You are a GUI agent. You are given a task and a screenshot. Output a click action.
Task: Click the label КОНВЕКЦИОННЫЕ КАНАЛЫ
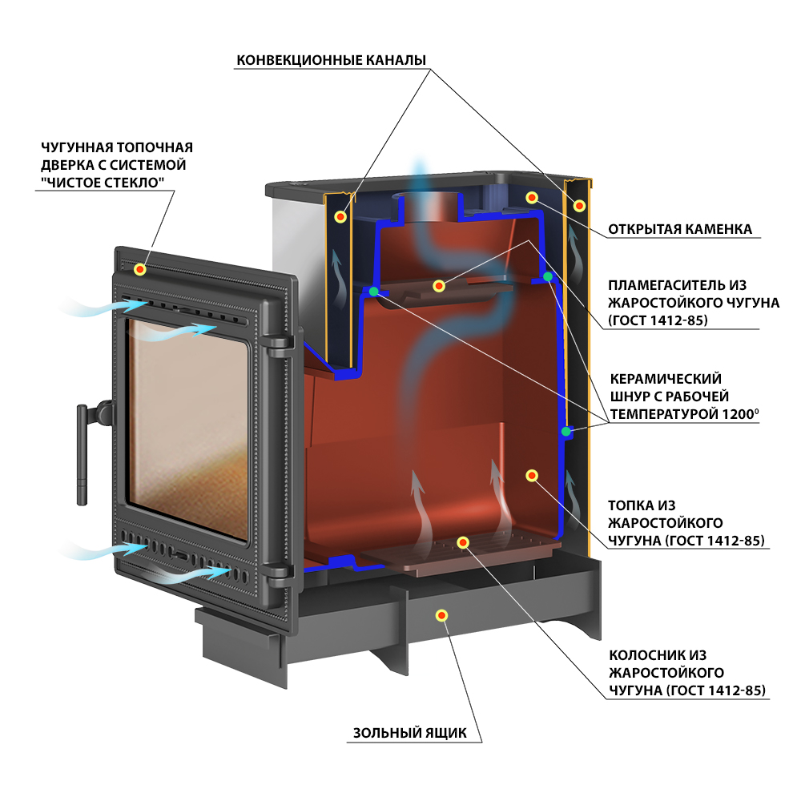(x=331, y=60)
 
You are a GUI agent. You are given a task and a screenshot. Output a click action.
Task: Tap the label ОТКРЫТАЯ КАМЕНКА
(x=680, y=229)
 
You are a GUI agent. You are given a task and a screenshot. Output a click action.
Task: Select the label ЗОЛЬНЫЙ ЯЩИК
(x=409, y=733)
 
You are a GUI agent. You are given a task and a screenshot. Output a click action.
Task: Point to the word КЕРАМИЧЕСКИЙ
(x=666, y=379)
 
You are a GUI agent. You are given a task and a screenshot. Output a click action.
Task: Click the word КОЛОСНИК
(x=644, y=655)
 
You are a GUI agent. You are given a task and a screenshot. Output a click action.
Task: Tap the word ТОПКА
(x=628, y=505)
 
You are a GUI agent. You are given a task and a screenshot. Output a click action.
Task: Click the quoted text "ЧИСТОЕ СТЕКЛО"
(x=103, y=183)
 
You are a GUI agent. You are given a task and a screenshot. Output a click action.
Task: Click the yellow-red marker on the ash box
(x=442, y=615)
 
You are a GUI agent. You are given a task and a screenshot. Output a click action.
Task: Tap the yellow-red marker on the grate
(x=463, y=542)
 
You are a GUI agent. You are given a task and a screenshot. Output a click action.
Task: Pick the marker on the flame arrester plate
(x=439, y=286)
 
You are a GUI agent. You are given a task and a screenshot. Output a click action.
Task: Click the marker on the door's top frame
(x=140, y=269)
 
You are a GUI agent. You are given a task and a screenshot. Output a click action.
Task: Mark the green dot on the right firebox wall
(x=566, y=432)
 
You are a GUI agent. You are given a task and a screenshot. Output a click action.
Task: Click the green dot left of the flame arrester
(x=374, y=292)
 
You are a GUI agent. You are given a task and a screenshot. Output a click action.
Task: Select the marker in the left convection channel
(x=340, y=216)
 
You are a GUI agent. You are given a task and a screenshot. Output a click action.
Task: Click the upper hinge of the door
(x=276, y=346)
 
